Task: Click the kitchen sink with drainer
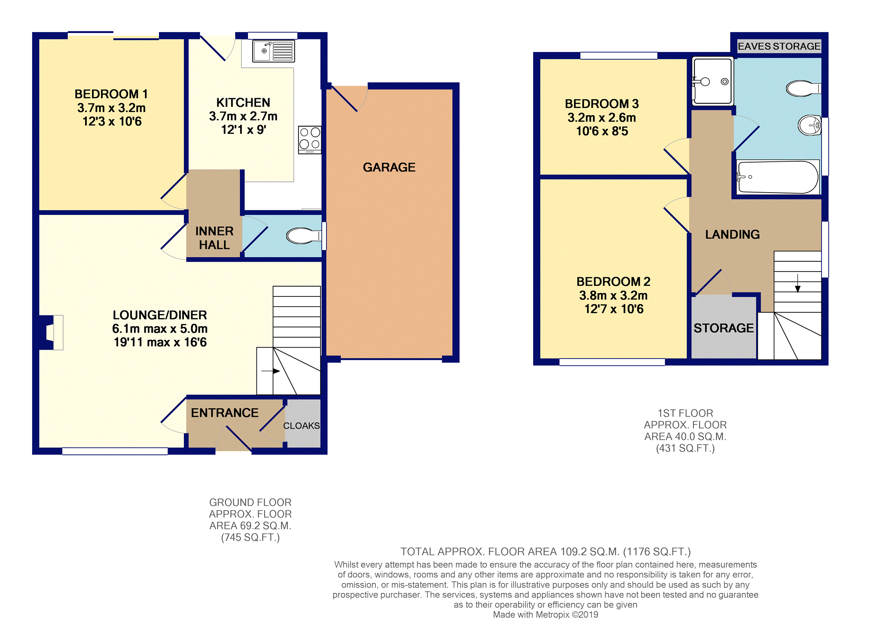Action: (x=274, y=51)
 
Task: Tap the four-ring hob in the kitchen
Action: (x=310, y=139)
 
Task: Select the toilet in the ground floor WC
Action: (x=303, y=236)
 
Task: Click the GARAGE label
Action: (x=389, y=167)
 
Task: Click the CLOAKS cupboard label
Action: (x=301, y=426)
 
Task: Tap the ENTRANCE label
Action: (x=224, y=413)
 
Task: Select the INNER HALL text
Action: (x=214, y=238)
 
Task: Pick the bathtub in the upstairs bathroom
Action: (x=778, y=177)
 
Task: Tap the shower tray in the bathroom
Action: (x=712, y=81)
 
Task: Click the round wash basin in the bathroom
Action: (x=809, y=126)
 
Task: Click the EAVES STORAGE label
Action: (x=778, y=46)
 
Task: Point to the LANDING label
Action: (x=732, y=234)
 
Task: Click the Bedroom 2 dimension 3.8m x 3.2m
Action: (x=613, y=295)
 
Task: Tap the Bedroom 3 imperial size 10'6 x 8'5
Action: (x=601, y=131)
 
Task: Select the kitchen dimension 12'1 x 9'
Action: (x=243, y=130)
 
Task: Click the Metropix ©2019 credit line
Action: (x=545, y=614)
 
